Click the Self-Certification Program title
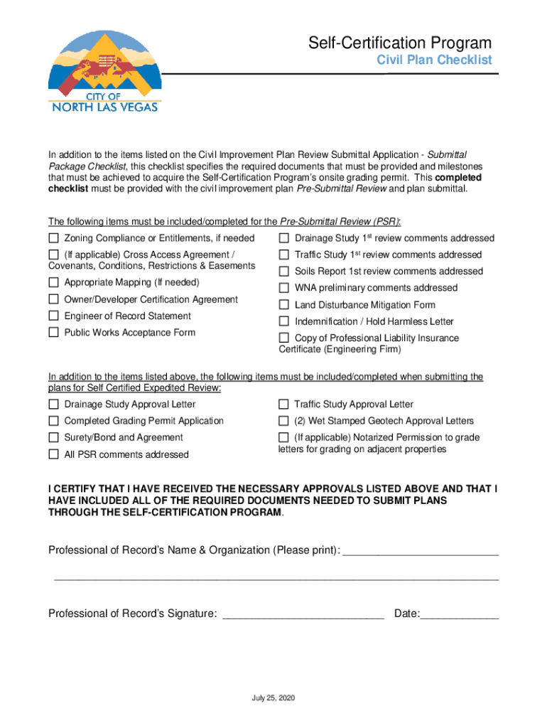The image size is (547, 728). pos(399,43)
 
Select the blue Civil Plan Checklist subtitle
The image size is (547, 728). pos(433,60)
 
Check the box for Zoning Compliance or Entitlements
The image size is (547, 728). pos(53,238)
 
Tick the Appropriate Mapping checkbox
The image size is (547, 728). pos(53,283)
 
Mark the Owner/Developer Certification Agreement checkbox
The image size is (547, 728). pos(53,300)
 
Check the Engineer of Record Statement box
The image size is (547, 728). pos(53,316)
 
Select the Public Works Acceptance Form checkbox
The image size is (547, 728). pos(53,333)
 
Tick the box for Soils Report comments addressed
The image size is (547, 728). pos(283,272)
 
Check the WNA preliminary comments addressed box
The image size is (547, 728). pos(283,288)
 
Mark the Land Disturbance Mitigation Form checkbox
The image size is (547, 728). pos(283,305)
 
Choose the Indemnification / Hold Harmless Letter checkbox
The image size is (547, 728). pos(283,322)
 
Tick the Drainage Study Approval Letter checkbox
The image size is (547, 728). pos(53,405)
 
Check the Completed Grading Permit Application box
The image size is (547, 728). pos(53,421)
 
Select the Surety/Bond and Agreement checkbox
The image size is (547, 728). pos(53,438)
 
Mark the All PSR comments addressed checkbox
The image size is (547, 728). pos(53,454)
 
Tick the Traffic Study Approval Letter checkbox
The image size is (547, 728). pos(283,405)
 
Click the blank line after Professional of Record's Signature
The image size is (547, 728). pos(303,615)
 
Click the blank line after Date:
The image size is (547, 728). pos(460,615)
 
